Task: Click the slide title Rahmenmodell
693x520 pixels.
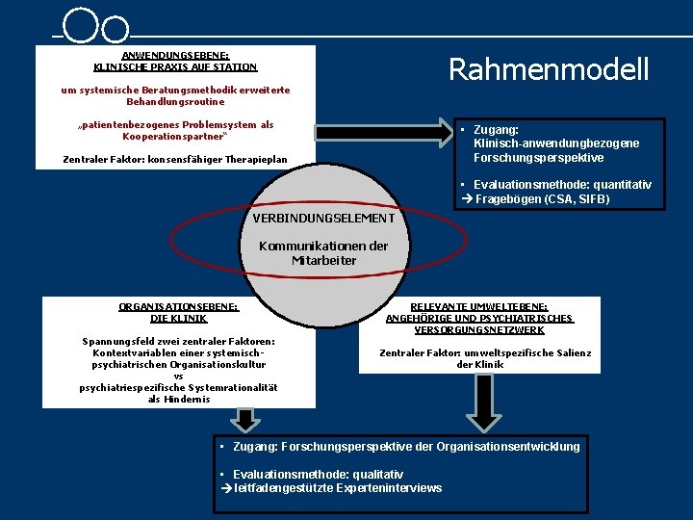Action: [549, 69]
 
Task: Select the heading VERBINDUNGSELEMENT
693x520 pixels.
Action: [323, 219]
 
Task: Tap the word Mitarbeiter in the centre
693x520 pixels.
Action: [323, 260]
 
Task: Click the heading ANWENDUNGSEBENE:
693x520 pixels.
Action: [175, 55]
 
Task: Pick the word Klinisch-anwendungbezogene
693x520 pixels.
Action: [556, 143]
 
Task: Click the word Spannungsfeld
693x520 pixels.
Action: [120, 341]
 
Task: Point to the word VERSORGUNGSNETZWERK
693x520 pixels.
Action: [479, 329]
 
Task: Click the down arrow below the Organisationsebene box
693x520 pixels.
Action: [247, 418]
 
